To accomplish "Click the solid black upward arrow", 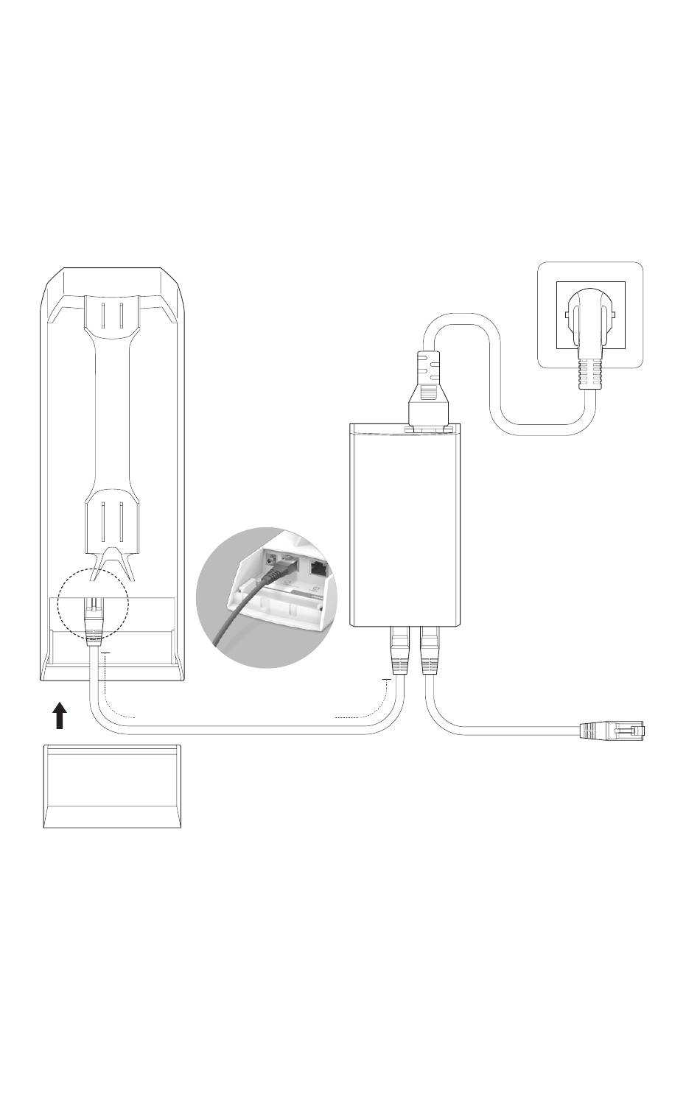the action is [61, 714].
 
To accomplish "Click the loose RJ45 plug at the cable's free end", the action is [612, 731].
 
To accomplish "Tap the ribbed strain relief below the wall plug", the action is [592, 373].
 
